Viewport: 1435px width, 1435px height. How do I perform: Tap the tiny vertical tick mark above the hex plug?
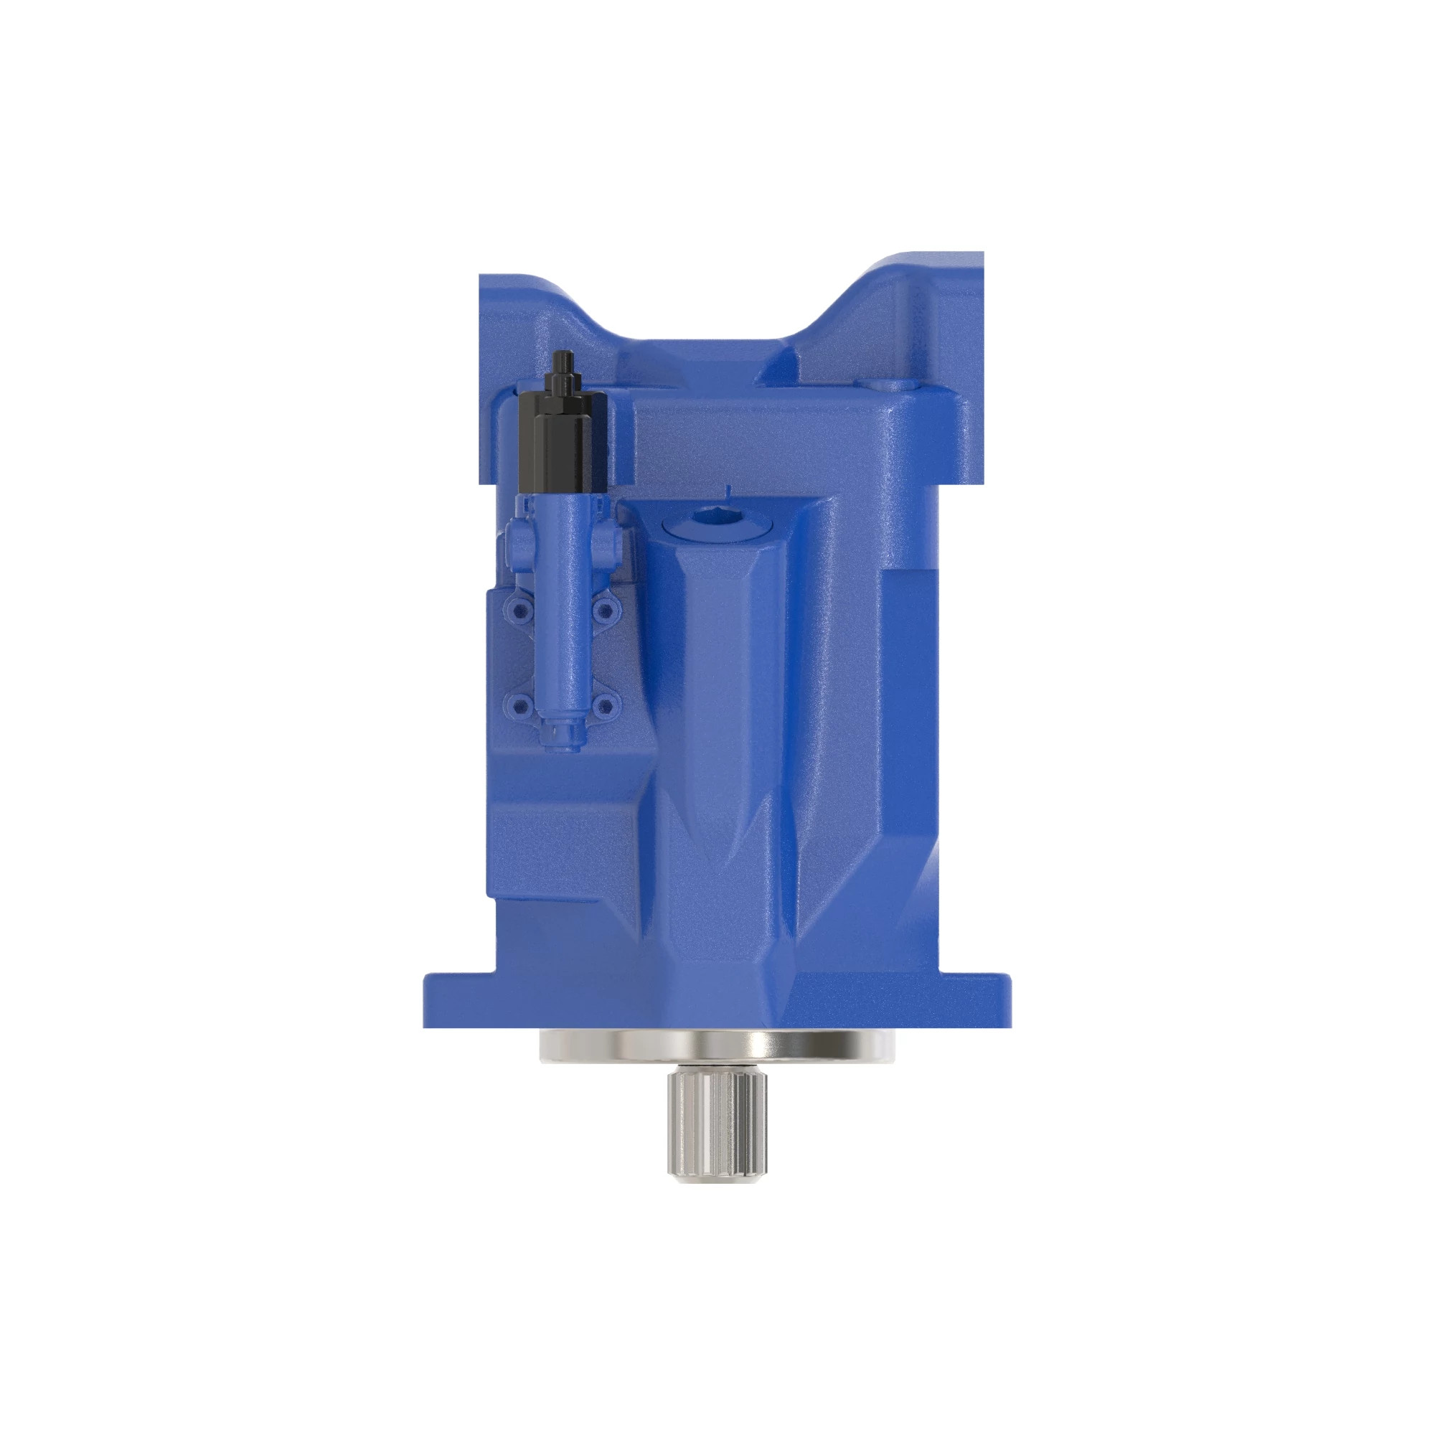(x=728, y=489)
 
